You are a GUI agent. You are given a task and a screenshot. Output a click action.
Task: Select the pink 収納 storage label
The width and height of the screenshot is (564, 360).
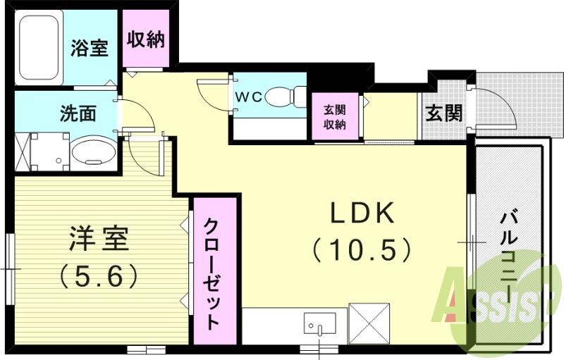146,39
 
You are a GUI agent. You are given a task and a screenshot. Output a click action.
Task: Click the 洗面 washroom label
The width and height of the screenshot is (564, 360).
78,113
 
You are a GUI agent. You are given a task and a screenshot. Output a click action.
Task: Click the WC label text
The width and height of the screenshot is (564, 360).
249,97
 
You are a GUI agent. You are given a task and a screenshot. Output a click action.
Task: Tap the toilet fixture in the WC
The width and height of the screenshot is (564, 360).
289,97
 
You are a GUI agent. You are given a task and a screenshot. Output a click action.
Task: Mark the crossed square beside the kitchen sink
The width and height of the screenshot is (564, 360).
369,323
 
